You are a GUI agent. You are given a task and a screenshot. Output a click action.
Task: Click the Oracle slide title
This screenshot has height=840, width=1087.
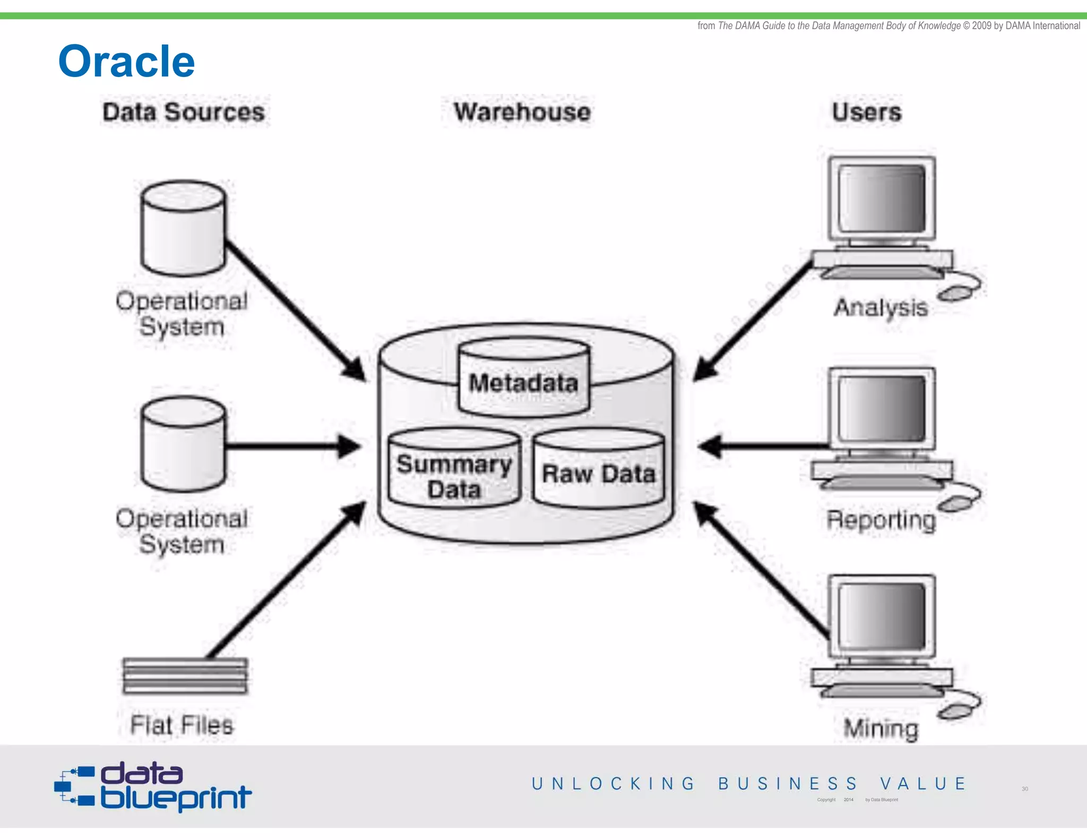[x=126, y=62]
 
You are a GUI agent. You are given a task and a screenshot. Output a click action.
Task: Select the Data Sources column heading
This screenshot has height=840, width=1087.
[x=184, y=112]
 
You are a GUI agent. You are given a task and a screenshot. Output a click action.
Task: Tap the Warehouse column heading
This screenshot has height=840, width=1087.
[x=522, y=112]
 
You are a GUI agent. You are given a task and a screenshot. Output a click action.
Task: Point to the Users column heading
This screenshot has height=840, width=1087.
[x=867, y=112]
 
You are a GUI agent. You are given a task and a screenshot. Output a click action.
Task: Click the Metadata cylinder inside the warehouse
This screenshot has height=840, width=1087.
[x=524, y=378]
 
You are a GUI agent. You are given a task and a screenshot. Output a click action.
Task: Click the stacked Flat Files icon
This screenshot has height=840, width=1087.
[x=185, y=675]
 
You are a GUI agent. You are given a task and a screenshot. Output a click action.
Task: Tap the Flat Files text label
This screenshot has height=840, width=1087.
[x=182, y=725]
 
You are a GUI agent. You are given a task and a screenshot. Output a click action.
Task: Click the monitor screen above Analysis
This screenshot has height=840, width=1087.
[x=882, y=198]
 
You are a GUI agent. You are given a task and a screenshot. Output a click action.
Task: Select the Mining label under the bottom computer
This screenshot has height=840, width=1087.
[x=881, y=728]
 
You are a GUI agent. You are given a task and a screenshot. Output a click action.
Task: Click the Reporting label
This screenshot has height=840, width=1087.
[x=881, y=520]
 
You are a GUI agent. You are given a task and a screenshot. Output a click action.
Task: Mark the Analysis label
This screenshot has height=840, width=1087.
[x=881, y=308]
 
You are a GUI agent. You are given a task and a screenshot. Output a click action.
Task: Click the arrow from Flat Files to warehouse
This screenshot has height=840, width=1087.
[x=287, y=579]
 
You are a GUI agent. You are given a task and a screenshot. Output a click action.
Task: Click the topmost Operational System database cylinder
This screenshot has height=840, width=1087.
[x=184, y=228]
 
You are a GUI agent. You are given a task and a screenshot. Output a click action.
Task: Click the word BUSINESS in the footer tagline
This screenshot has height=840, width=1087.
[x=788, y=784]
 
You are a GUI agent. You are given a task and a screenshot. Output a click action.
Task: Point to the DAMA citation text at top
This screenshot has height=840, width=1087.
[x=888, y=25]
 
